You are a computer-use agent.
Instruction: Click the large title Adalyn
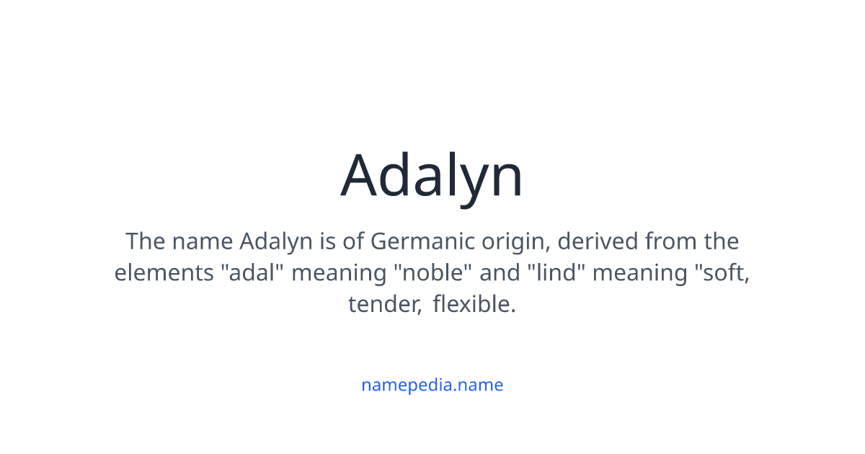tap(432, 176)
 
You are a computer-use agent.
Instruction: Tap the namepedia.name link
tap(432, 385)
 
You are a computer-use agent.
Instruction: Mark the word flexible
tap(474, 305)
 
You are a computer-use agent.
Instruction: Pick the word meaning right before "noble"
tap(339, 273)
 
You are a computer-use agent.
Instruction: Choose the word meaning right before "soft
tap(639, 273)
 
